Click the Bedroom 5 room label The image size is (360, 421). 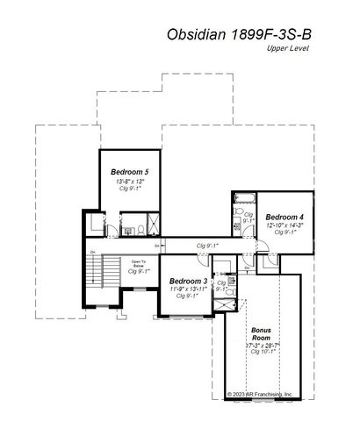point(129,171)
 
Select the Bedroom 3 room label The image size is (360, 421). point(188,281)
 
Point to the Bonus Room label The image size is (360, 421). point(261,334)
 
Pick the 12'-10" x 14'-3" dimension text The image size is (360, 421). point(284,225)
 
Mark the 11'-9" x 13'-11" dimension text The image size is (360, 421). point(188,289)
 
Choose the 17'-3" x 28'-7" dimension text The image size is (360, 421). point(261,346)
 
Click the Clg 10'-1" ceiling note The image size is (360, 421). point(261,354)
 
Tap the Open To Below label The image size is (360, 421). point(139,265)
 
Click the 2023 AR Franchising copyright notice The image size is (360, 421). point(260,395)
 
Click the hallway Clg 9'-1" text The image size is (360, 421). point(208,246)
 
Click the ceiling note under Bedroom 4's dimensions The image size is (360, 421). point(284,232)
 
